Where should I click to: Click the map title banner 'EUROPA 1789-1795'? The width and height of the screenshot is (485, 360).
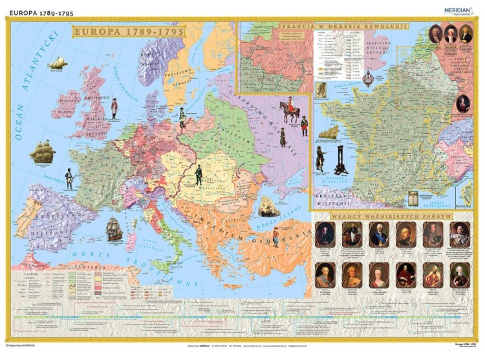click(128, 30)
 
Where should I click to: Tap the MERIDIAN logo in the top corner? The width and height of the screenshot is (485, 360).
click(458, 11)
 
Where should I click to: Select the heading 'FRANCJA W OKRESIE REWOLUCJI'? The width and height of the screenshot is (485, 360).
click(345, 25)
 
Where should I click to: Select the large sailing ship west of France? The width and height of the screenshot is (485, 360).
click(42, 152)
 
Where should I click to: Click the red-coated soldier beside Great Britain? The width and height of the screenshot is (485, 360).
click(114, 108)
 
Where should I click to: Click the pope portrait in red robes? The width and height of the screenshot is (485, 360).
click(406, 275)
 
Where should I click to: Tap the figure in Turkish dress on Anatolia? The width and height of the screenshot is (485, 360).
click(276, 235)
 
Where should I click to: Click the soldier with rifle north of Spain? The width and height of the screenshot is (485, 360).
click(69, 178)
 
